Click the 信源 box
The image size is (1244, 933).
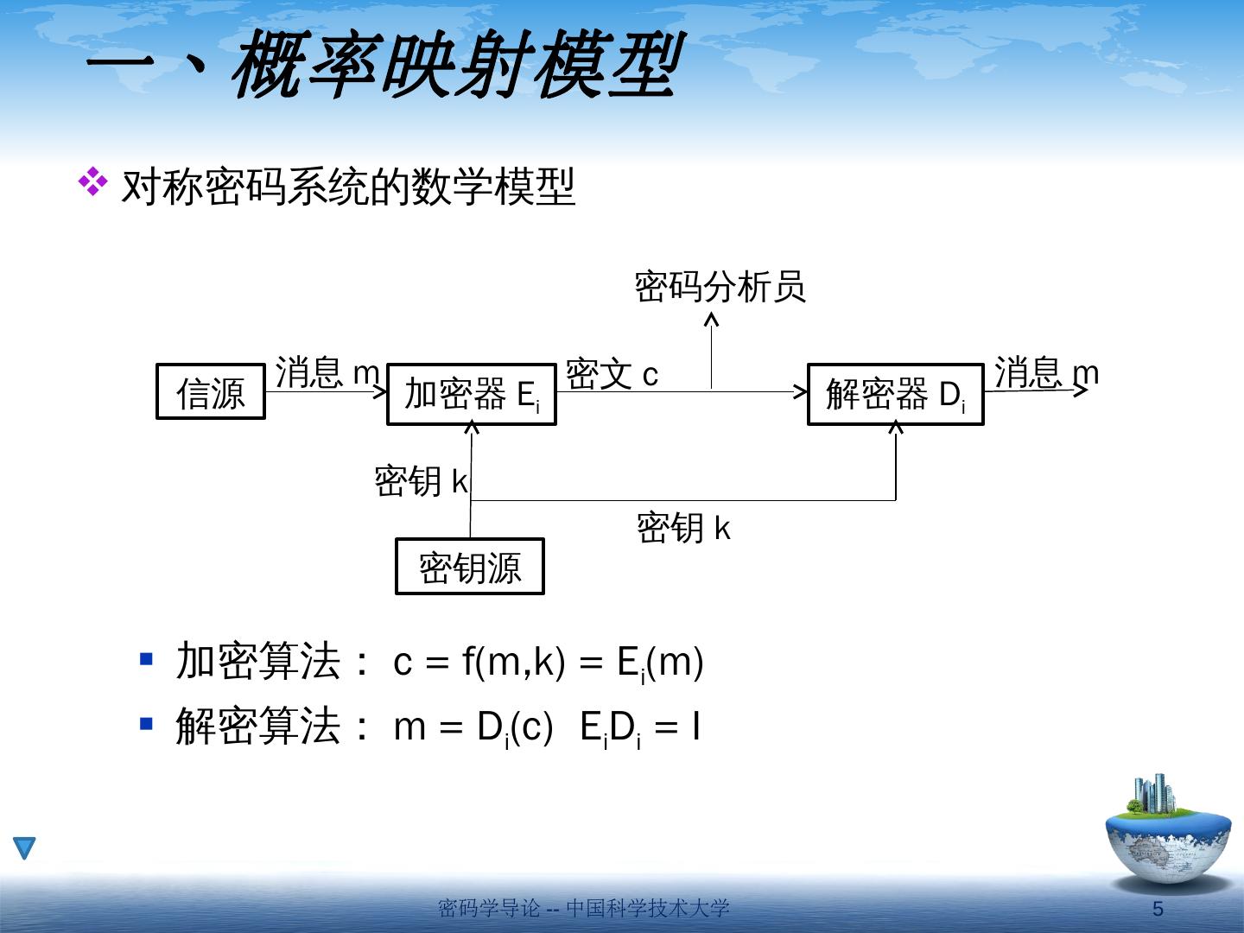pos(210,392)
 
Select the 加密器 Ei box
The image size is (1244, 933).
pos(471,395)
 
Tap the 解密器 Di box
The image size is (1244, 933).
pos(895,395)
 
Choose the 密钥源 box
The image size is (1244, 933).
pos(469,567)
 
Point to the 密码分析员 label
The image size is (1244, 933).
pos(720,287)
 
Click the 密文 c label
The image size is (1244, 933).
pos(612,374)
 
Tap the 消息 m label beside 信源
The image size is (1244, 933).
pos(327,372)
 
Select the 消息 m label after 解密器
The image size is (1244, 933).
pos(1046,372)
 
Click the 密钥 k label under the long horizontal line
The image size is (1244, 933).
pos(683,527)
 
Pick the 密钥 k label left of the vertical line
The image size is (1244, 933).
pos(421,480)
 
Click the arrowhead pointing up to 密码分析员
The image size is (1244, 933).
pos(712,319)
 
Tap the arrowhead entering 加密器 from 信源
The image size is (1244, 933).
pos(380,391)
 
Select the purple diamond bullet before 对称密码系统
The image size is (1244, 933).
pos(92,181)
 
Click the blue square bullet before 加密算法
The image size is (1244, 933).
pos(146,660)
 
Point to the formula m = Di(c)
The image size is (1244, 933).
pos(473,728)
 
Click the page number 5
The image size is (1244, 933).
pos(1158,909)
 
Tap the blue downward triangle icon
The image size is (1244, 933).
pos(24,848)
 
